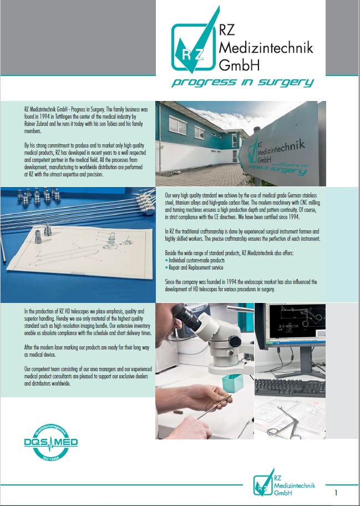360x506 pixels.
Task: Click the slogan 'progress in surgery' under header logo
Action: click(242, 82)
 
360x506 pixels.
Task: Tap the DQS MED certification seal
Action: click(51, 442)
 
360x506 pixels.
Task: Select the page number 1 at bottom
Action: click(336, 493)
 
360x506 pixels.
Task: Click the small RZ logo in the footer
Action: click(264, 482)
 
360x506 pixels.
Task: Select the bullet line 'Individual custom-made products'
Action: click(195, 260)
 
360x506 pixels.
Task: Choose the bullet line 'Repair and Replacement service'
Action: click(194, 267)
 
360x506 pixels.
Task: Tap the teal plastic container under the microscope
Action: click(232, 383)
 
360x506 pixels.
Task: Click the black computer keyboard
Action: click(290, 388)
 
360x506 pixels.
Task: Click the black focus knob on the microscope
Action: click(235, 341)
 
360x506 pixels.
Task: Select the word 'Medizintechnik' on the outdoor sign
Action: click(282, 148)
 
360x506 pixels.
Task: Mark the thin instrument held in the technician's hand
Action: click(214, 407)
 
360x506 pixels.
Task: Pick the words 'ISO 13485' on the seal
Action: click(50, 457)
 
